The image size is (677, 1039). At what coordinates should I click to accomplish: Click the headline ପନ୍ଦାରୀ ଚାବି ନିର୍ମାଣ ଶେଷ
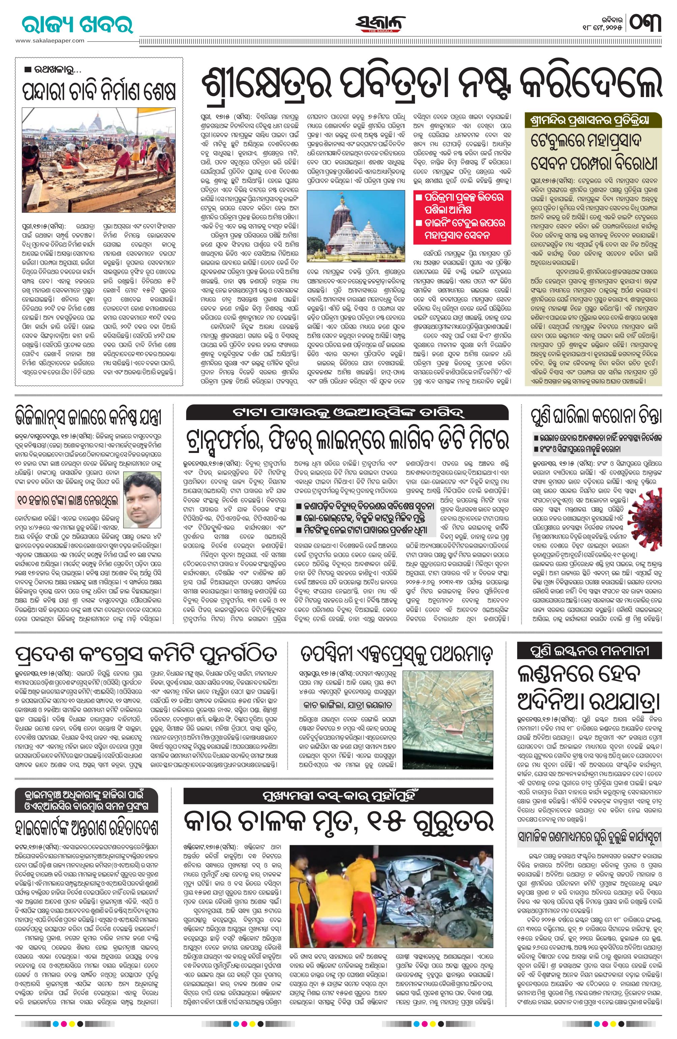99,91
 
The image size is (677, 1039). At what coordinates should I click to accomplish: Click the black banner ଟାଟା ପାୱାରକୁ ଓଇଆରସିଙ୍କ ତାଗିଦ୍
347,412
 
